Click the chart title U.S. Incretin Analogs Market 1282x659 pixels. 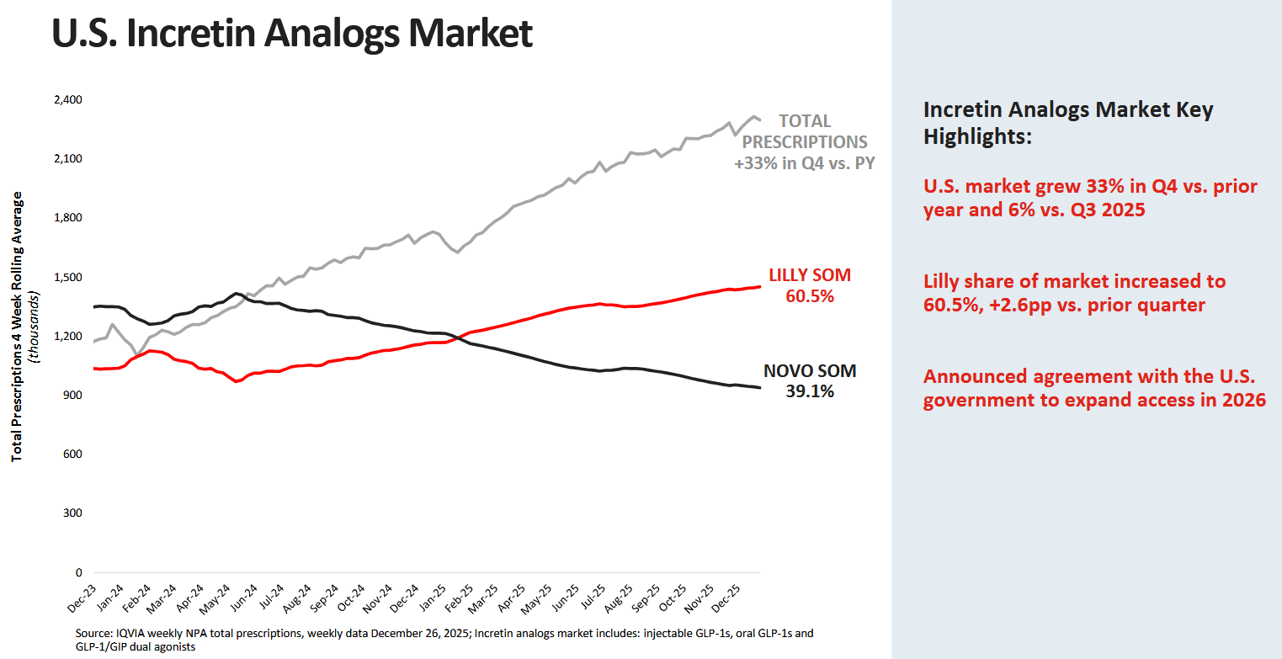[x=291, y=35]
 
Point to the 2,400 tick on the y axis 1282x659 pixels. [x=67, y=100]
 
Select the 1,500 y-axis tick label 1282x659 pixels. [x=67, y=278]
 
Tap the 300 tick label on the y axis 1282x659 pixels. [x=72, y=513]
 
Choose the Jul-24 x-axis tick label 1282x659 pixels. [x=271, y=600]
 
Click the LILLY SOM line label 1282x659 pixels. [x=810, y=275]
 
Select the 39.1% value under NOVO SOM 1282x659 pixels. [x=810, y=391]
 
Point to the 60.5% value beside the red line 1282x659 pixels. [x=810, y=295]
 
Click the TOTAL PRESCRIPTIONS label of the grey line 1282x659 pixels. [x=804, y=131]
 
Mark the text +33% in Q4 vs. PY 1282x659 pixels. [x=804, y=163]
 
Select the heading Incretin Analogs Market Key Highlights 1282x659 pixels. [x=1068, y=123]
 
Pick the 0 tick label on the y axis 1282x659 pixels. [x=78, y=573]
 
